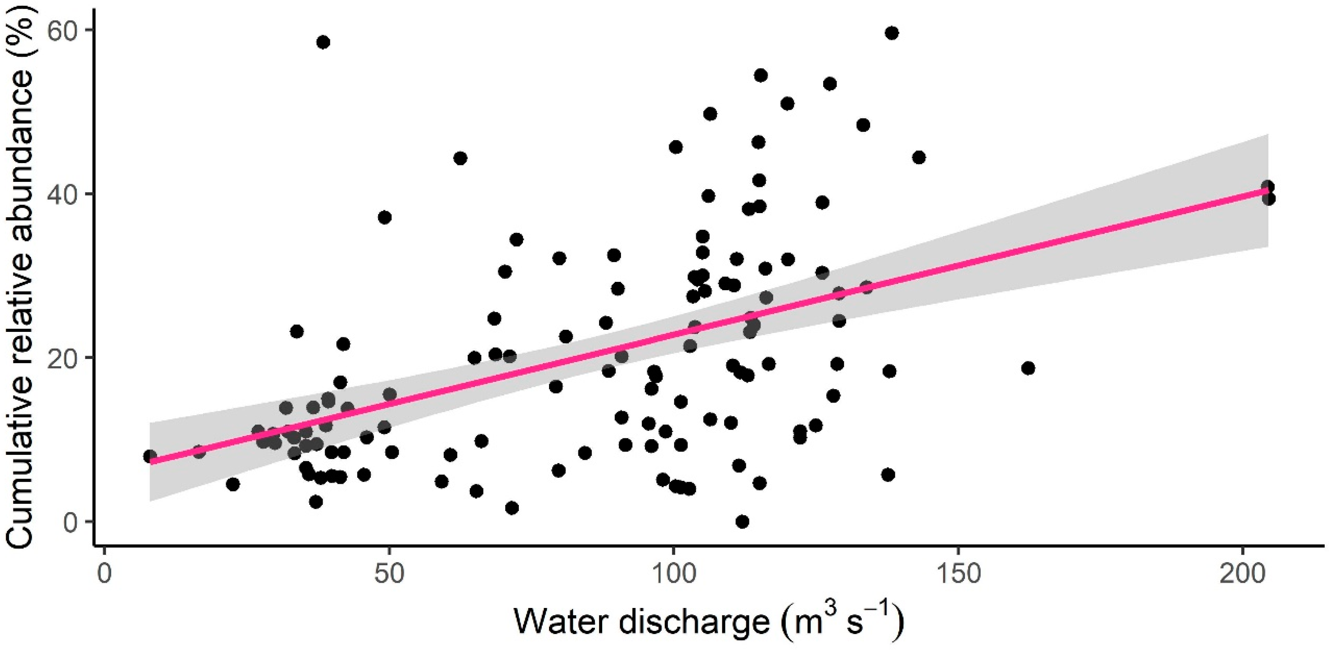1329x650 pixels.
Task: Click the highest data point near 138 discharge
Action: (892, 33)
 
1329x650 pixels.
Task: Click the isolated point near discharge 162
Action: (1028, 368)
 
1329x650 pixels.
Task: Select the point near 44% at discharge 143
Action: (919, 157)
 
